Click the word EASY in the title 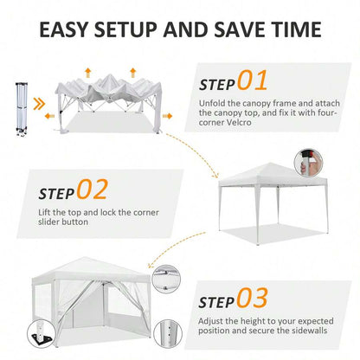click(x=63, y=29)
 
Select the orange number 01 click(x=253, y=80)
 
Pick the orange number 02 click(x=93, y=190)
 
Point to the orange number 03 click(x=253, y=298)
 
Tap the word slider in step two click(x=48, y=222)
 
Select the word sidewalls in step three click(x=309, y=331)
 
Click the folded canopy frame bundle click(x=22, y=109)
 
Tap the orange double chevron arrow click(x=39, y=104)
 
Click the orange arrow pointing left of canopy click(x=49, y=116)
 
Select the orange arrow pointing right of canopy click(x=167, y=116)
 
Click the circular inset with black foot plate click(x=42, y=335)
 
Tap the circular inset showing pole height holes click(x=168, y=333)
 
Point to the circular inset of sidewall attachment click(x=166, y=280)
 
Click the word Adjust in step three click(x=210, y=321)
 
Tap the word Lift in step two click(x=44, y=212)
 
